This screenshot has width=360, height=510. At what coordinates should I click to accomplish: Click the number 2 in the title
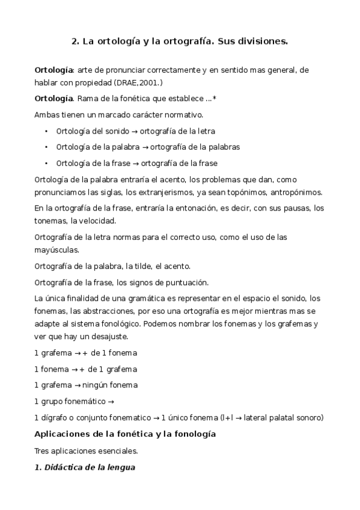(74, 42)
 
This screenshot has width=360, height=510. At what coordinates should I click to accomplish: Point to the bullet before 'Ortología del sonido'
(47, 131)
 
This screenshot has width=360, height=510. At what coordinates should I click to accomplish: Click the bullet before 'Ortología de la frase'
(47, 164)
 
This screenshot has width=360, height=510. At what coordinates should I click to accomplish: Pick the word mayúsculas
(56, 250)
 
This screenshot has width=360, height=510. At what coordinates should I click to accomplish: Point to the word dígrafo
(55, 417)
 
